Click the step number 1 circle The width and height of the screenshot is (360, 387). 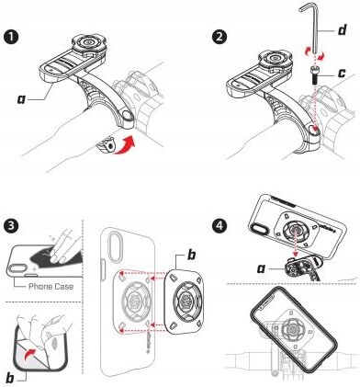pos(12,37)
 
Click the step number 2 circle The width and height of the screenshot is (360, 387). pos(219,37)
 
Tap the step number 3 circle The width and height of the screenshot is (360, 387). pos(12,226)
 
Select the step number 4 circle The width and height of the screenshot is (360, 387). pos(219,226)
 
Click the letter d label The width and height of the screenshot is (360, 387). pos(342,30)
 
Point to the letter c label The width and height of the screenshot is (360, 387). pos(342,73)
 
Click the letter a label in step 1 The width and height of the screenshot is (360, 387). pos(21,99)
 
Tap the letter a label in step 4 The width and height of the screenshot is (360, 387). pos(261,268)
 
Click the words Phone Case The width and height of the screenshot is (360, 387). pos(51,287)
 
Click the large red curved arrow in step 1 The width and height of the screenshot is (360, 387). pos(125,145)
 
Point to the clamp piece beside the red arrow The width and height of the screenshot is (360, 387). pos(106,144)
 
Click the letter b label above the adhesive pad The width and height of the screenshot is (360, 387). pos(191,255)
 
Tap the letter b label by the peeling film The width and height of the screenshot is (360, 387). pos(10,378)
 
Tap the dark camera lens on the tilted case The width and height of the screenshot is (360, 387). pos(257,229)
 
